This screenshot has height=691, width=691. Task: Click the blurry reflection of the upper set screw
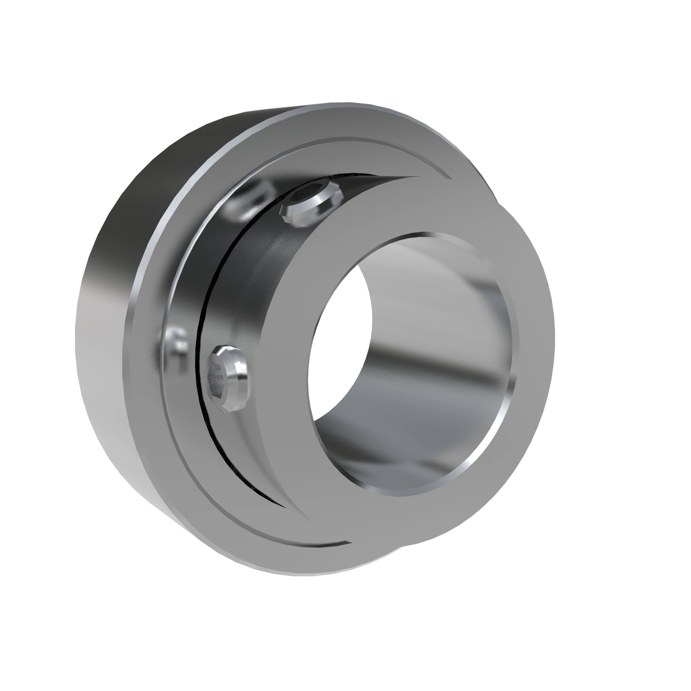[250, 200]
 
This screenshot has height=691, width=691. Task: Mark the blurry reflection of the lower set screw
[178, 345]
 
